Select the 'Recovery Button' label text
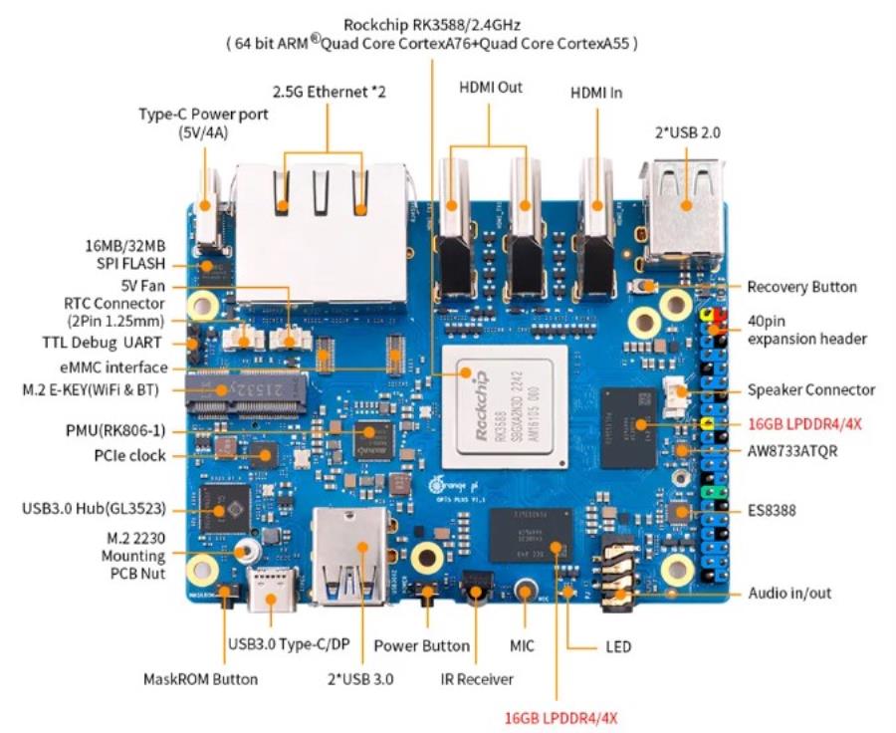click(x=801, y=287)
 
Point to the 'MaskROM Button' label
click(x=200, y=679)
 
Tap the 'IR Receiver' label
click(x=477, y=679)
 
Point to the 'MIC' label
click(x=523, y=646)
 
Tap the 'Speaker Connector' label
click(x=811, y=389)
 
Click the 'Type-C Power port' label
click(x=202, y=122)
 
